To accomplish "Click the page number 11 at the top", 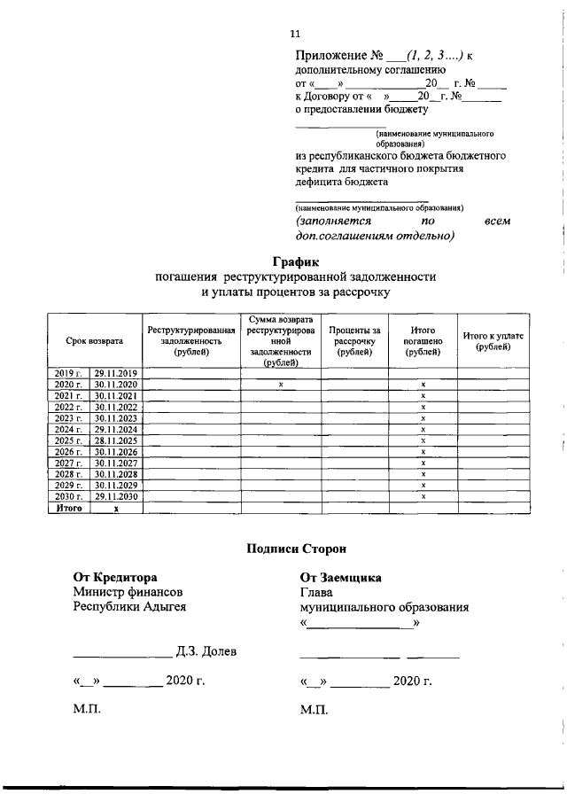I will (x=296, y=34).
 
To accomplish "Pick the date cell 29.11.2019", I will (x=116, y=373).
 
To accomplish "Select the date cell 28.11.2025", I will (x=116, y=440).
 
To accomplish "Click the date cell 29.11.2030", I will (x=116, y=496).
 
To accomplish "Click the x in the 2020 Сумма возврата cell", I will (x=279, y=385).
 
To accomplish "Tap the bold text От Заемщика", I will (x=341, y=577).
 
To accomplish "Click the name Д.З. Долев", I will (x=206, y=652).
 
